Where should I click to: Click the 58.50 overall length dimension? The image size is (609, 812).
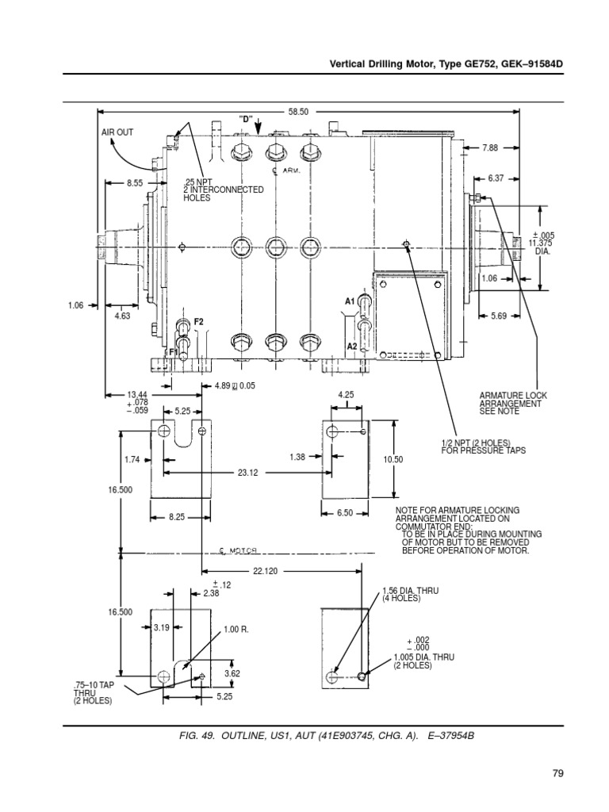tap(298, 113)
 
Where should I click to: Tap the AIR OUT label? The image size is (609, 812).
tap(117, 132)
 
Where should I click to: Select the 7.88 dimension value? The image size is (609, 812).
tap(490, 147)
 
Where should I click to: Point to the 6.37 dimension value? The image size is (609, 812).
tap(496, 178)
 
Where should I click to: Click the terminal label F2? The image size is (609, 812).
tap(199, 321)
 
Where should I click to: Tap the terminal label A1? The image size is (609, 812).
tap(349, 301)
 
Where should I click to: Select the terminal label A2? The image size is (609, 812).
tap(351, 347)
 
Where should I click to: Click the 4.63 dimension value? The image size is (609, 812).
tap(122, 316)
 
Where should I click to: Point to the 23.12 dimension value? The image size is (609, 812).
tap(248, 472)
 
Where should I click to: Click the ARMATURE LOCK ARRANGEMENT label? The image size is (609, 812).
tap(513, 404)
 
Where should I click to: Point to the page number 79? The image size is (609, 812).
tap(558, 773)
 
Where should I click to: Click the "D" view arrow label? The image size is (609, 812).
tap(246, 119)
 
